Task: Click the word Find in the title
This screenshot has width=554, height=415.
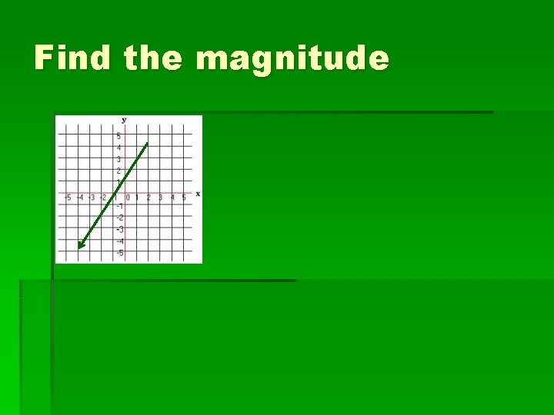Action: [x=72, y=58]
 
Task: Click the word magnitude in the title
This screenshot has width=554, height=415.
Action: [x=292, y=58]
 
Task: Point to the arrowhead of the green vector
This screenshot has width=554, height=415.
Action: [x=80, y=247]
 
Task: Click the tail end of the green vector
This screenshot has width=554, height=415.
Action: [x=147, y=143]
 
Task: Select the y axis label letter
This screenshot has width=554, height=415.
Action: [x=123, y=120]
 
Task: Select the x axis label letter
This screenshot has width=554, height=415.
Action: [x=198, y=194]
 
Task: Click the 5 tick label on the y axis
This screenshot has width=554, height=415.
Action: [x=118, y=135]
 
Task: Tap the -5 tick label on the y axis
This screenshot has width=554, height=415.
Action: [x=119, y=253]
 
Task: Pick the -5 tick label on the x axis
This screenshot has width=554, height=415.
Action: [x=68, y=198]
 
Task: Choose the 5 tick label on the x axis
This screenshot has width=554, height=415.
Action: [x=183, y=198]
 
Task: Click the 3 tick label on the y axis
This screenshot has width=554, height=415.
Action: [x=118, y=159]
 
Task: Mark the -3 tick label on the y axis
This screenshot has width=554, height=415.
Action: [x=119, y=229]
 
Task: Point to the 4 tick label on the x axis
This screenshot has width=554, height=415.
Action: [x=172, y=198]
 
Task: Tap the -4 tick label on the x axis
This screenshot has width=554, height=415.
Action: [x=79, y=198]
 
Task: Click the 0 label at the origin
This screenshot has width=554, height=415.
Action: [x=128, y=198]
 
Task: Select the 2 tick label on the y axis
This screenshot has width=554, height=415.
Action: [x=118, y=171]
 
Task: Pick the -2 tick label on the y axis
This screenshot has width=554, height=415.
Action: [x=119, y=217]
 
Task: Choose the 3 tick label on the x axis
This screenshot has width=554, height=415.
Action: [x=160, y=198]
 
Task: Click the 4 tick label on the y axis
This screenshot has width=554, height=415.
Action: [x=118, y=147]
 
